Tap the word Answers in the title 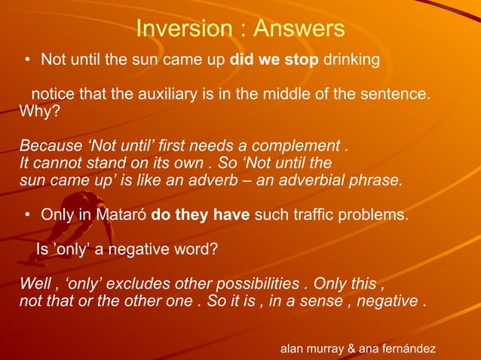299,29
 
